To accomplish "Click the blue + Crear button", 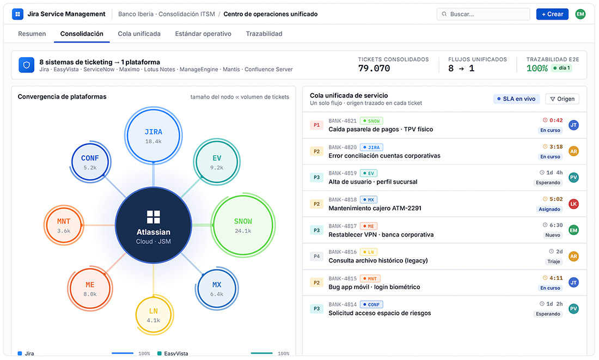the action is [552, 14].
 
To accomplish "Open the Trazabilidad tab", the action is [264, 34].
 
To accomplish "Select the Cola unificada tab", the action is [139, 34].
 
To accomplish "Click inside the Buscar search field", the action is [483, 14].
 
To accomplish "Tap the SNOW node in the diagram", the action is [243, 225].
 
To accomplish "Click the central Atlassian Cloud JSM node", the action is [153, 225].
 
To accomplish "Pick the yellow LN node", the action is [154, 315].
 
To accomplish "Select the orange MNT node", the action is [64, 225].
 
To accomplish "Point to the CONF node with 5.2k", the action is [90, 162].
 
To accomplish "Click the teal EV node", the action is [217, 162].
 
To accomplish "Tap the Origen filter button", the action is [562, 99].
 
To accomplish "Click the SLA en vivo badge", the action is [516, 99].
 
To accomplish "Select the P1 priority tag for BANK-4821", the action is [317, 125].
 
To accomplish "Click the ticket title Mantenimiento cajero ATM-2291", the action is [375, 208].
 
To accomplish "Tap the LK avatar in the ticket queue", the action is [573, 204].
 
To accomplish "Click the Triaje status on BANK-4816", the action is [554, 261].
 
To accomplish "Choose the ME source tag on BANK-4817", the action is [369, 226].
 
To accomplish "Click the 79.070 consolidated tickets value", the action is [374, 69].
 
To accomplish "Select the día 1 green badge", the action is [561, 68].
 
